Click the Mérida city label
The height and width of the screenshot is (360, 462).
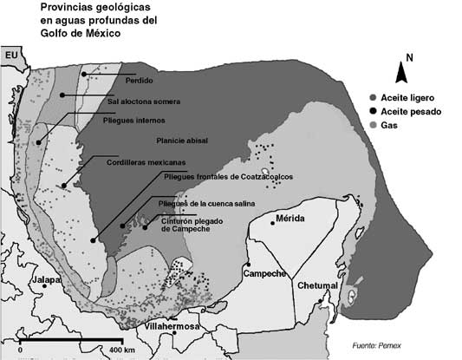(290, 218)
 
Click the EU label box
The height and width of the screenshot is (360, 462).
(11, 56)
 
